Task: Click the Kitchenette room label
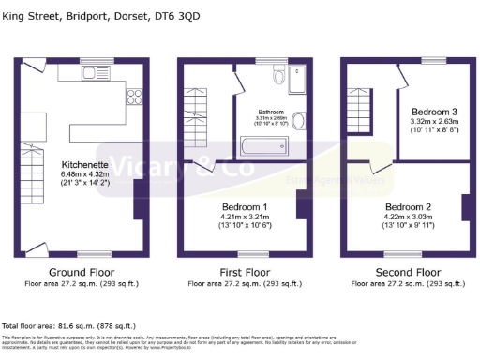point(81,161)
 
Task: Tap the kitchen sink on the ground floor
point(96,71)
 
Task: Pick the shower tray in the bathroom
point(297,82)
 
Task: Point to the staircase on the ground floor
point(30,187)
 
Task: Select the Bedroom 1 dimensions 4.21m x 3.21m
point(244,217)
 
